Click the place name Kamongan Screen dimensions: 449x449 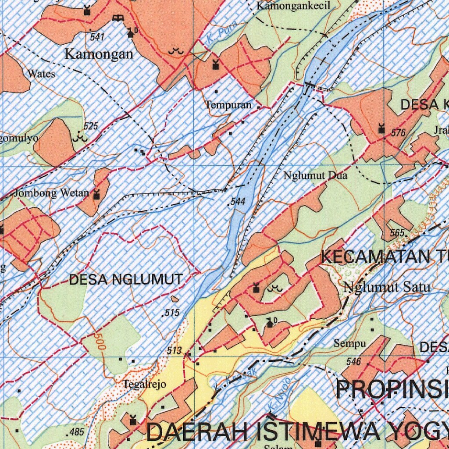tap(99, 54)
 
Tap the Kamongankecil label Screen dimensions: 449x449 tap(293, 6)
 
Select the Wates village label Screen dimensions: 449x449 tap(41, 74)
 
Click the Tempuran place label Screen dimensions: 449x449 tap(228, 105)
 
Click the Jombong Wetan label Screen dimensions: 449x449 tap(51, 193)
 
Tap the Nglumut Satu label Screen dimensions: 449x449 tap(387, 288)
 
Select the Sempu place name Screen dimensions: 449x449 tap(349, 343)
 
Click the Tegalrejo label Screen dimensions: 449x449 tap(144, 385)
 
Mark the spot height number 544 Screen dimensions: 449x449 tap(237, 202)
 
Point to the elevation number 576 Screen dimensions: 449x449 tap(398, 133)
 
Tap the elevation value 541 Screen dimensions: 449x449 tap(97, 37)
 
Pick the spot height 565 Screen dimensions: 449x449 tap(398, 233)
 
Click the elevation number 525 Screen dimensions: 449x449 tap(91, 127)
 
